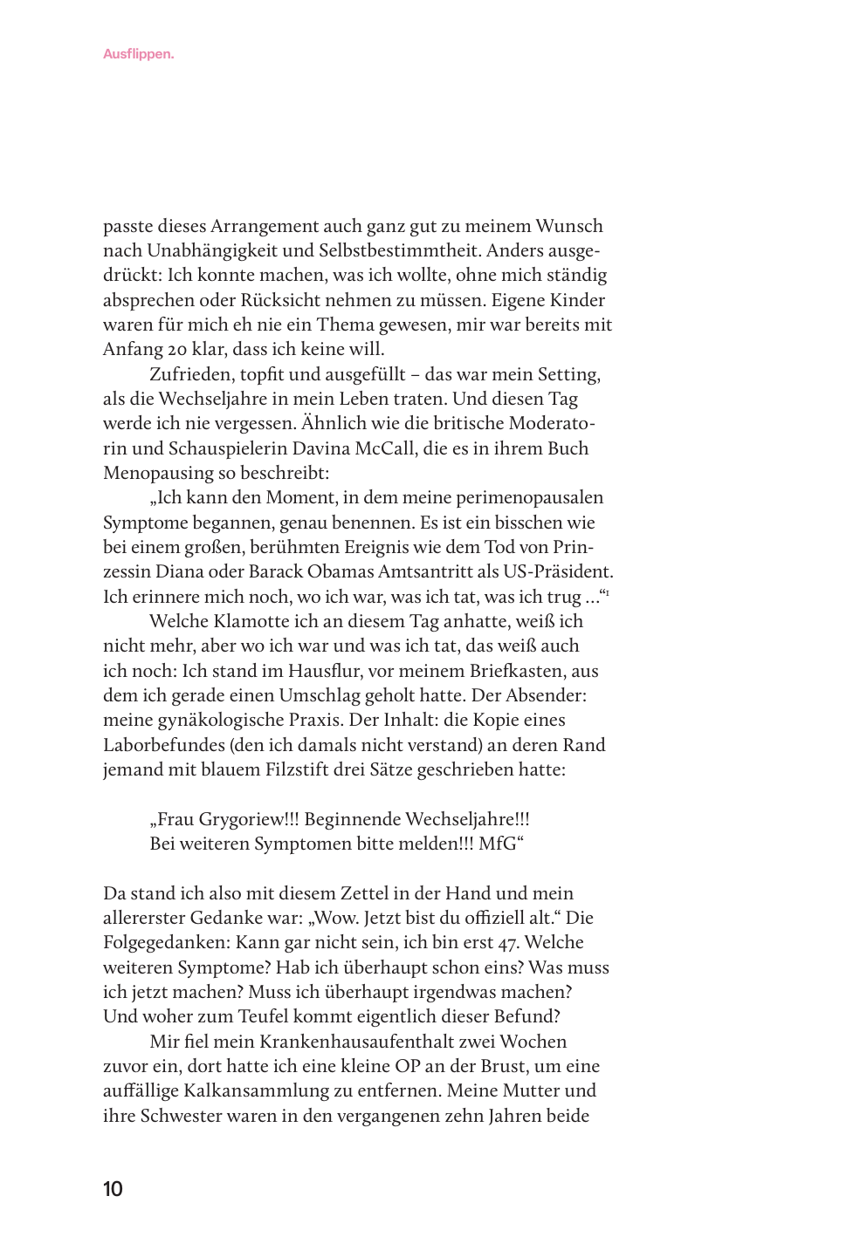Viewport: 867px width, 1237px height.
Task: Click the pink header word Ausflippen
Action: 138,54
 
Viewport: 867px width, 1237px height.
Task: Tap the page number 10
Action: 113,1189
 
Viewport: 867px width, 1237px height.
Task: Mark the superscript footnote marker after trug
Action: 607,593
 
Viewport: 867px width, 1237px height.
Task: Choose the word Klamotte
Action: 248,622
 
